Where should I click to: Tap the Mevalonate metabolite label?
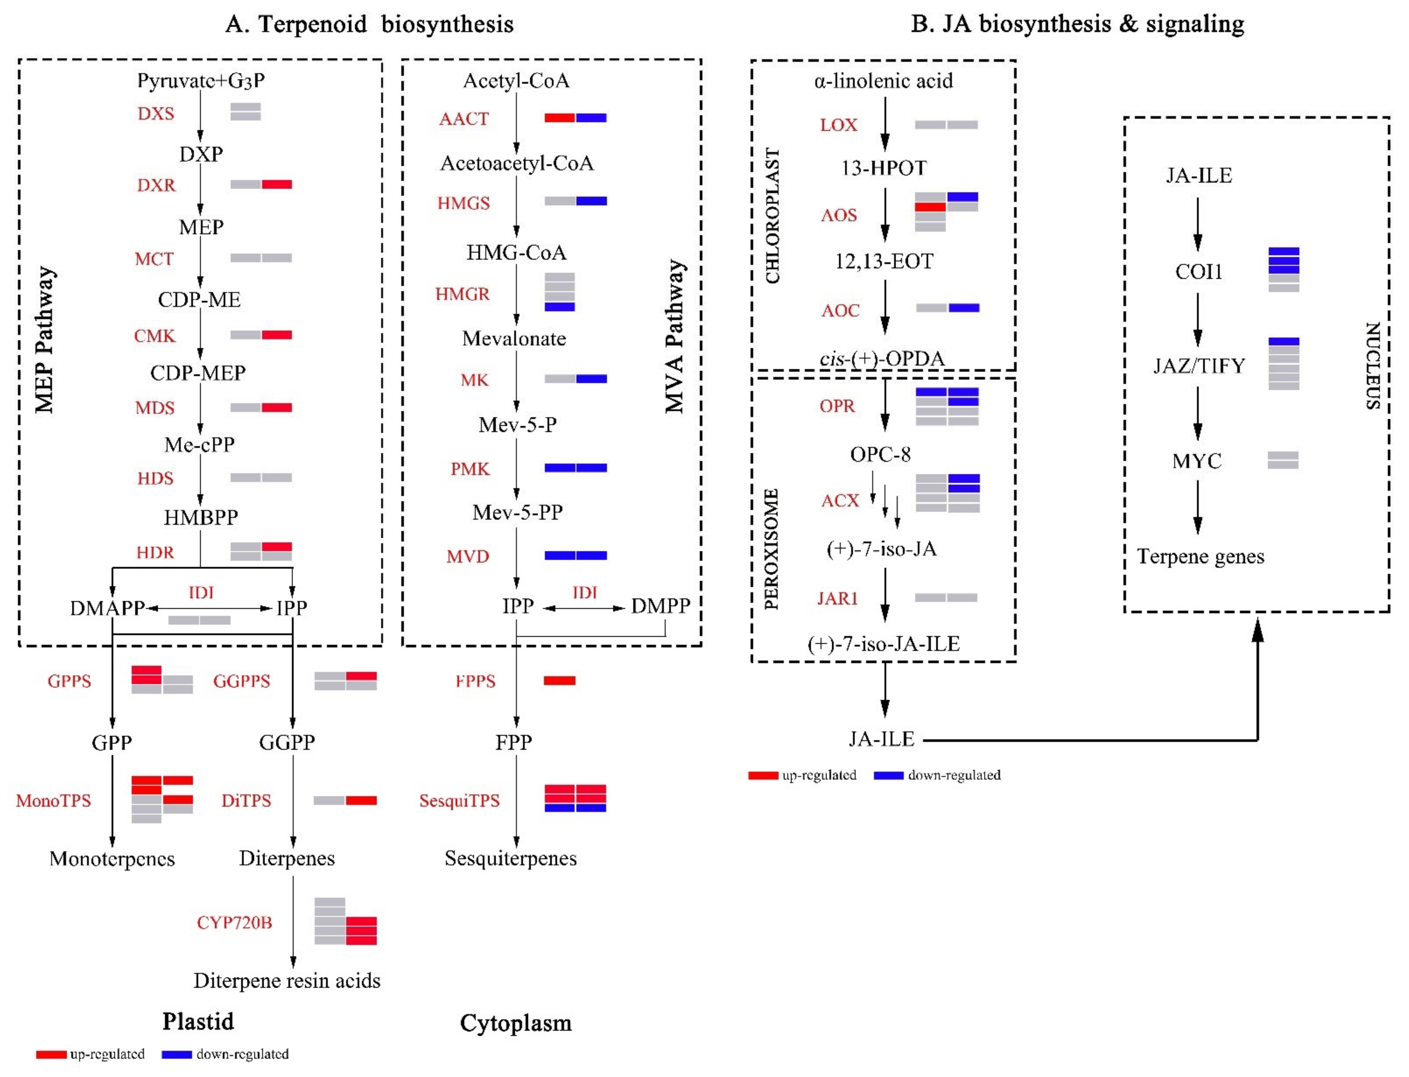pos(514,338)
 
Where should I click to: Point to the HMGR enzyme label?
pos(462,294)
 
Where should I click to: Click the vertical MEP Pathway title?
pos(45,340)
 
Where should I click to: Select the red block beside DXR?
pos(277,185)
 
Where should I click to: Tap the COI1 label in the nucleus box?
pos(1198,272)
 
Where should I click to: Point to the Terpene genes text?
pos(1200,556)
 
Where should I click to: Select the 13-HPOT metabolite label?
pos(883,168)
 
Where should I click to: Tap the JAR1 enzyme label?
pos(837,598)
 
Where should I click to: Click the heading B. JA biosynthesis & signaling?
pos(1077,24)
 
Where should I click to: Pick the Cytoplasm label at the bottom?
pos(515,1023)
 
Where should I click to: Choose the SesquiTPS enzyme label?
pos(459,801)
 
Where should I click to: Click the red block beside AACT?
pos(560,118)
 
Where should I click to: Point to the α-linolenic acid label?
pos(883,81)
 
